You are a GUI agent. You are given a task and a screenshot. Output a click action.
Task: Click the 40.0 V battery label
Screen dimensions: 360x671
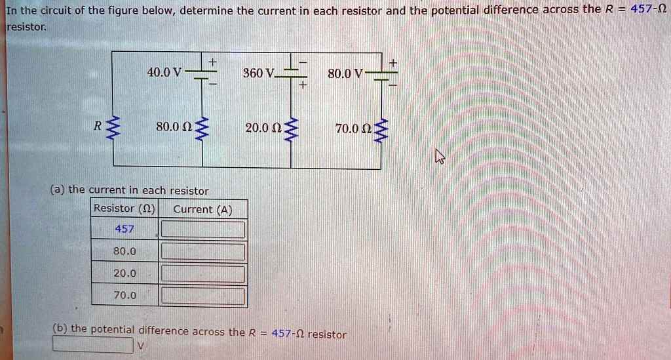(164, 72)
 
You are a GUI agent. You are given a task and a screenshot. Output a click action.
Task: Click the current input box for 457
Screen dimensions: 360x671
(203, 230)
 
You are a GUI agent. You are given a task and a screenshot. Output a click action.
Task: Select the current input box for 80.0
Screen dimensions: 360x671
(203, 251)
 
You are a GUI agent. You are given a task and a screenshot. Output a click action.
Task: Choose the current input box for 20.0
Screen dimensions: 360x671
(203, 273)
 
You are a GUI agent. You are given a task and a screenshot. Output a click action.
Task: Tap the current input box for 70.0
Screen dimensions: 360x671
(203, 296)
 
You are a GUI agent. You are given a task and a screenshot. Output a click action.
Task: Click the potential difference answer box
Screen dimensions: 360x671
(93, 344)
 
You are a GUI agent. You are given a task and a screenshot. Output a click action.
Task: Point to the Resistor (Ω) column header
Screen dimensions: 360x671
(124, 209)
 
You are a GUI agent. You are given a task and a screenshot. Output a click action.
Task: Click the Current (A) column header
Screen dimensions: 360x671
(202, 209)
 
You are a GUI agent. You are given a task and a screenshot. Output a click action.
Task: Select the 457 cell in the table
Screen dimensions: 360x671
(124, 229)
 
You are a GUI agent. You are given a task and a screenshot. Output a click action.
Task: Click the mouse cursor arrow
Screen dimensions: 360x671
(439, 156)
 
